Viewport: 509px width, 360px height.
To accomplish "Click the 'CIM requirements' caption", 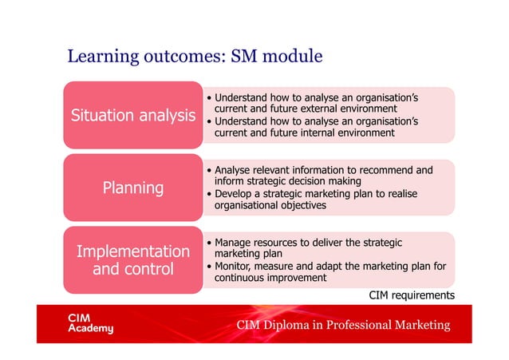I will (411, 295).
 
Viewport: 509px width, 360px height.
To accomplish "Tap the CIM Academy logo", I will (89, 323).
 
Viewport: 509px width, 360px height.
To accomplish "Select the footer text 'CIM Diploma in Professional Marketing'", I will (342, 325).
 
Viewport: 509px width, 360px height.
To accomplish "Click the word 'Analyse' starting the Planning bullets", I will (233, 170).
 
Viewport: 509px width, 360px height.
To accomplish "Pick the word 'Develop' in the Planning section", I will (234, 194).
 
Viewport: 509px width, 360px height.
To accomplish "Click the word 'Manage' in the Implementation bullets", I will (234, 242).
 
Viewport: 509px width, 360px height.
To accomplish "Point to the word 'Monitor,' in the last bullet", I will (235, 266).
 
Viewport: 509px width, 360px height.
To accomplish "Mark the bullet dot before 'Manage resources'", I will (208, 243).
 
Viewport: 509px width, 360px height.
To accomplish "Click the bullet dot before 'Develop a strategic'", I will (208, 194).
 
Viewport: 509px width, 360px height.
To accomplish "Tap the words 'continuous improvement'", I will (270, 278).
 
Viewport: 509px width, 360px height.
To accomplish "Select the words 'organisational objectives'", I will (270, 206).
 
